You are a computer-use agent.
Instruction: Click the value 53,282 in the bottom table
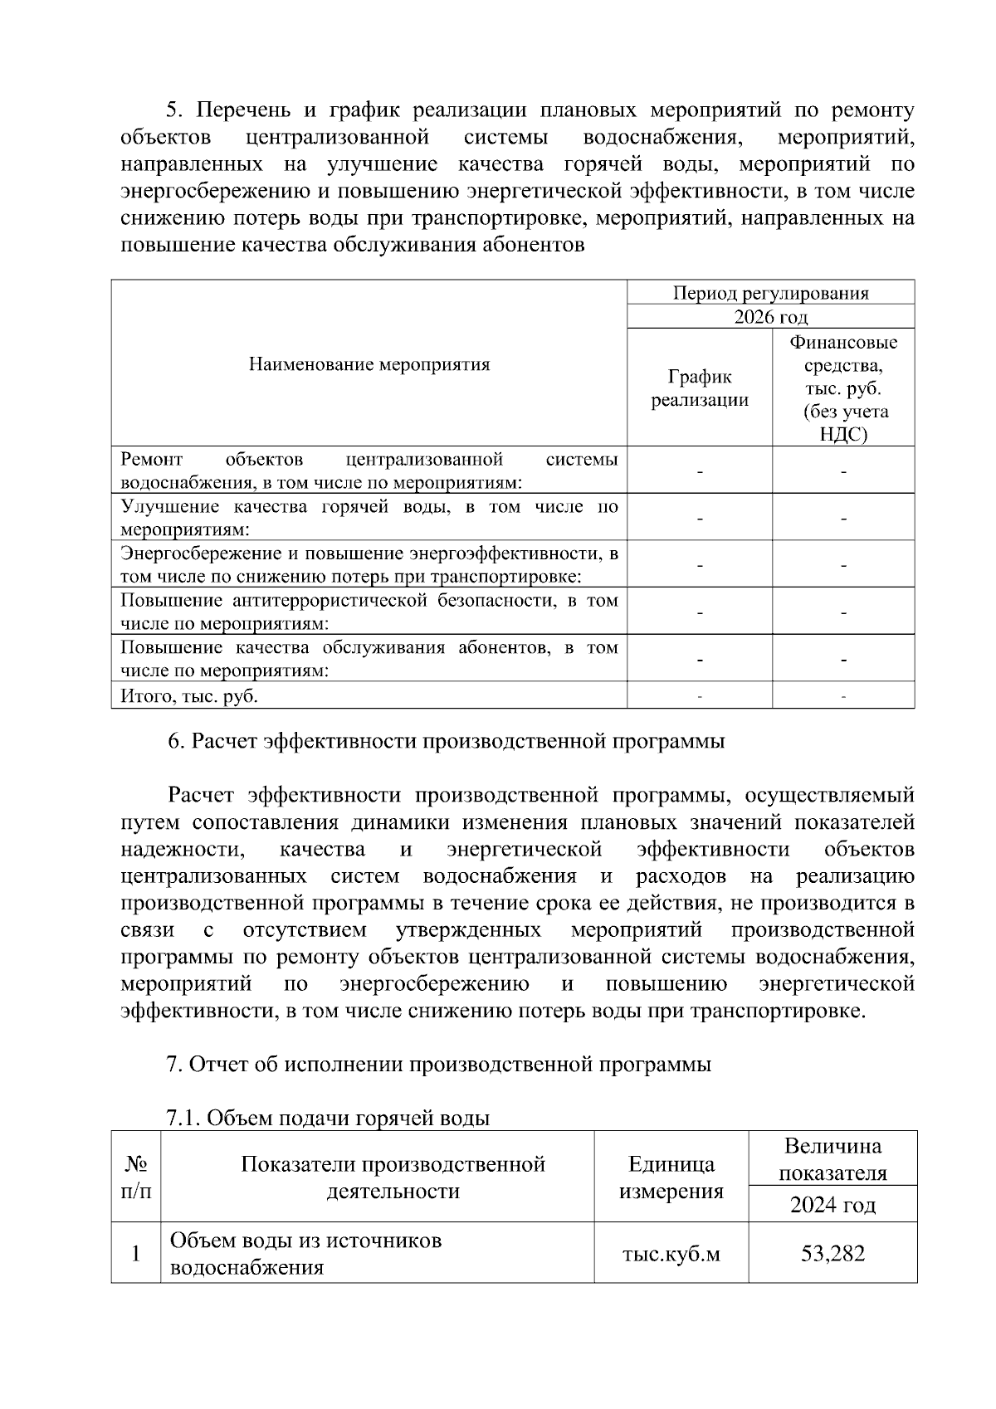[x=832, y=1253]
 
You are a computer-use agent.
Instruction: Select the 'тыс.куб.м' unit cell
[x=671, y=1253]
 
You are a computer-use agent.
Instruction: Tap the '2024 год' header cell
[x=832, y=1204]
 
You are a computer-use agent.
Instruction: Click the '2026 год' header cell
[x=770, y=317]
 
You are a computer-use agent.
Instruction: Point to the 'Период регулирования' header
[x=770, y=293]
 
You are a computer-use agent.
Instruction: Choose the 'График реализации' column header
[x=699, y=388]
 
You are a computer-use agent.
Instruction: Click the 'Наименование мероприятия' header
[x=369, y=364]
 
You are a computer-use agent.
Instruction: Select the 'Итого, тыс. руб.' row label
[x=189, y=696]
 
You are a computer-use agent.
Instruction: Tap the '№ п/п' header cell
[x=136, y=1177]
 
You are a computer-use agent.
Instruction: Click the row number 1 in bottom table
[x=136, y=1253]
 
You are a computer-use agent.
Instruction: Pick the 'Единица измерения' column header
[x=671, y=1177]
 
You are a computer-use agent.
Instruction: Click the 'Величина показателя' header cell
[x=832, y=1159]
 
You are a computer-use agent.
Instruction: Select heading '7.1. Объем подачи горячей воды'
[x=328, y=1118]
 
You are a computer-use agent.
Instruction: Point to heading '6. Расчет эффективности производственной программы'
[x=446, y=741]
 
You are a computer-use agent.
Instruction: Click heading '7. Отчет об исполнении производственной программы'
[x=439, y=1064]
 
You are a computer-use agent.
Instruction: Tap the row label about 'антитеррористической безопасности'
[x=369, y=612]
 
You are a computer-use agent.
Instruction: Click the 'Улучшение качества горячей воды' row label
[x=369, y=518]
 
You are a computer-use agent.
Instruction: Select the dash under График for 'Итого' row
[x=700, y=697]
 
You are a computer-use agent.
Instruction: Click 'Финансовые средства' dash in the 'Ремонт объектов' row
[x=843, y=471]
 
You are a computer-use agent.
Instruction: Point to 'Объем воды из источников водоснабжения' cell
[x=305, y=1253]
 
